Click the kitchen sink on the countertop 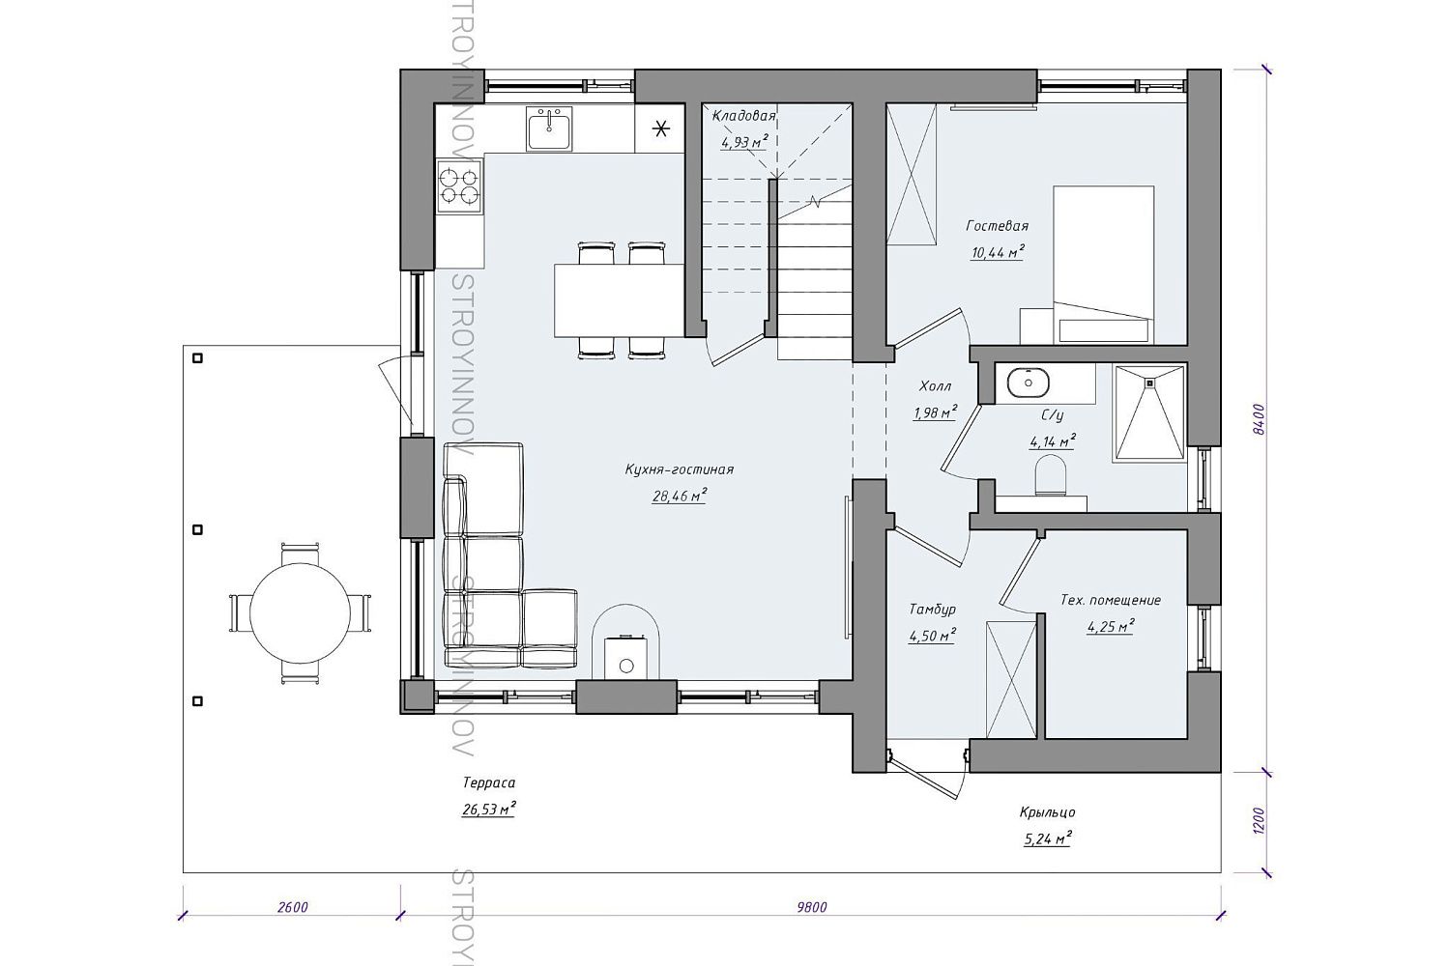pos(549,128)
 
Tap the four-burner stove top pos(459,186)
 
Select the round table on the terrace pos(300,612)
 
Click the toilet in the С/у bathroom pos(1051,475)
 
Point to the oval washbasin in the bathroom pos(1028,383)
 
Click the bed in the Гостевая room pos(1103,265)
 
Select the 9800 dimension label pos(812,907)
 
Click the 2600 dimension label pos(292,907)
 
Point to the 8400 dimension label pos(1258,419)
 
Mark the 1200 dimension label pos(1258,821)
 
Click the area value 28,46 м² pos(679,497)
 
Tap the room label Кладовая pos(743,116)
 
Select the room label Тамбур pos(932,609)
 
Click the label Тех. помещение pos(1111,600)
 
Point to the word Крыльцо pos(1047,812)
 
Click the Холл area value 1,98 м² pos(935,412)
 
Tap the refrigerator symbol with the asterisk pos(660,129)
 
